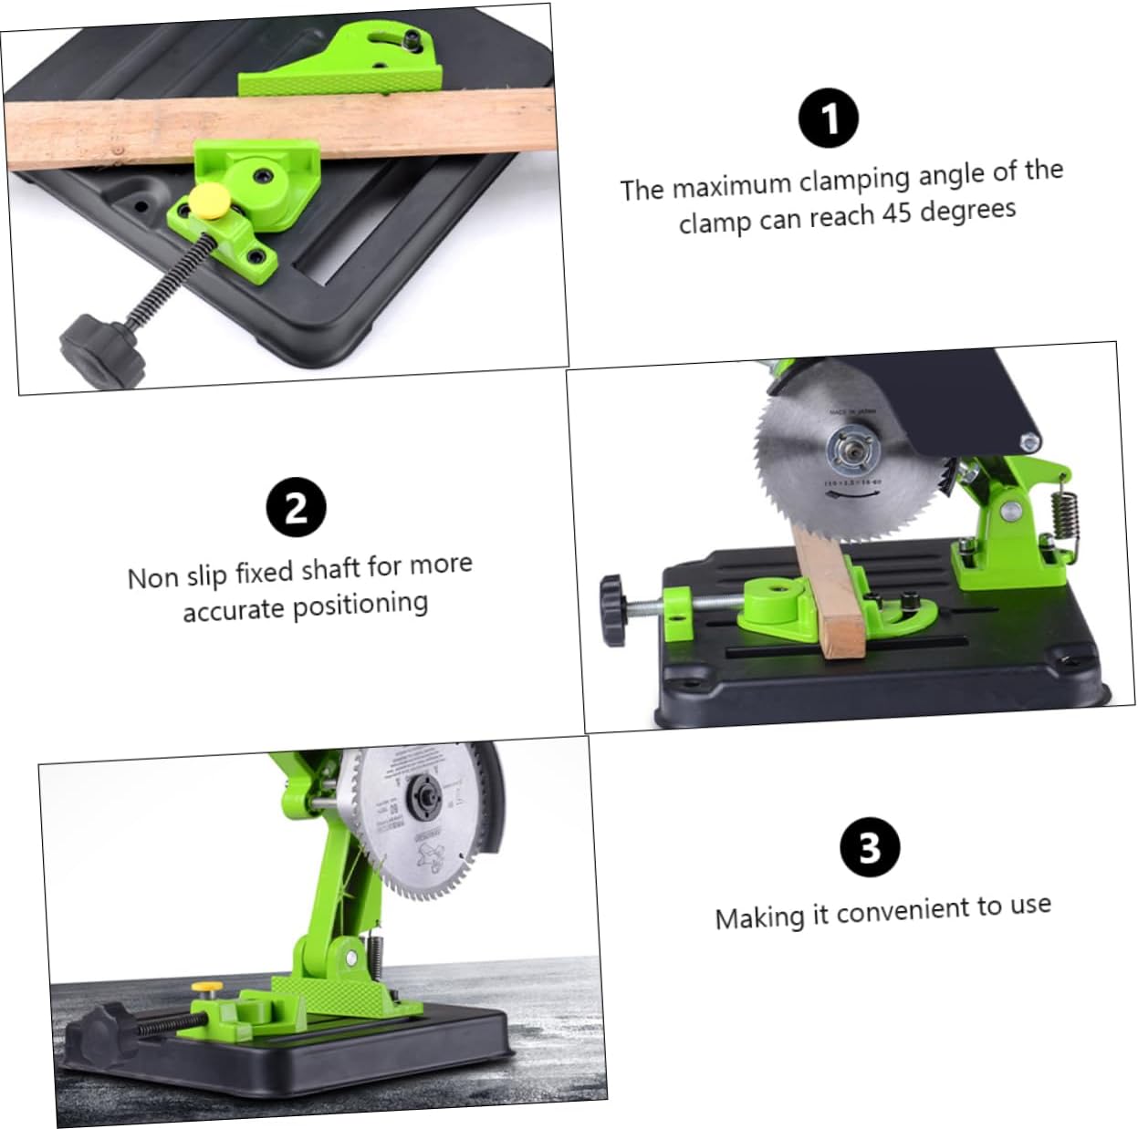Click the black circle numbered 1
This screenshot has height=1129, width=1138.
(x=829, y=118)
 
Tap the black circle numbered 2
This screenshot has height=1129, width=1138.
(x=296, y=506)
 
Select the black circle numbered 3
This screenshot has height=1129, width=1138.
(x=869, y=847)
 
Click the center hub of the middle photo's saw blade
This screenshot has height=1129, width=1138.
(x=851, y=449)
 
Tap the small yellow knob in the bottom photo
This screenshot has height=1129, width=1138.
(x=211, y=988)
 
